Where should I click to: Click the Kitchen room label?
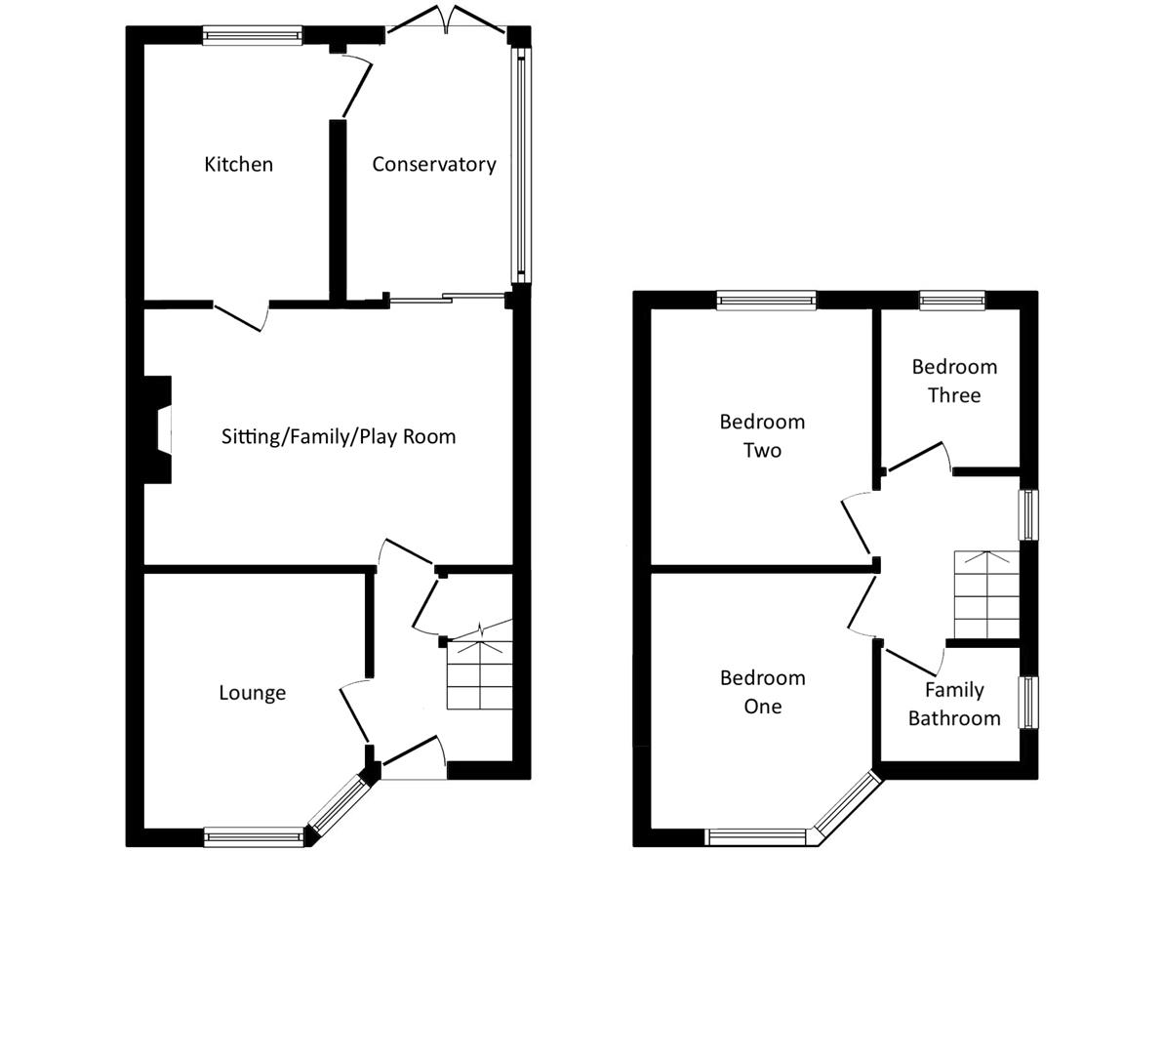239,164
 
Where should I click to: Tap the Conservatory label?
434,164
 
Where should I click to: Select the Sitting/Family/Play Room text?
339,436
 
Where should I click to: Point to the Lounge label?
252,693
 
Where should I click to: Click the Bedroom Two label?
762,436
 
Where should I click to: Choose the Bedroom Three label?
954,381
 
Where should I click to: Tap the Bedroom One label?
762,692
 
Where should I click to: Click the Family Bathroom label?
954,704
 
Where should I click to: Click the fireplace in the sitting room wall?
157,430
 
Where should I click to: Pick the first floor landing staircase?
986,594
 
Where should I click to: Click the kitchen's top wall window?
253,35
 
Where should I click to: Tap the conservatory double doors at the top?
447,20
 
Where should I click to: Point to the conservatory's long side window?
521,165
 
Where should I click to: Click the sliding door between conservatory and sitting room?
447,299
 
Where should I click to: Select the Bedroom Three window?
952,300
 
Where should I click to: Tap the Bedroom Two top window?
766,300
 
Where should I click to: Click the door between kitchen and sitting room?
241,316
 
